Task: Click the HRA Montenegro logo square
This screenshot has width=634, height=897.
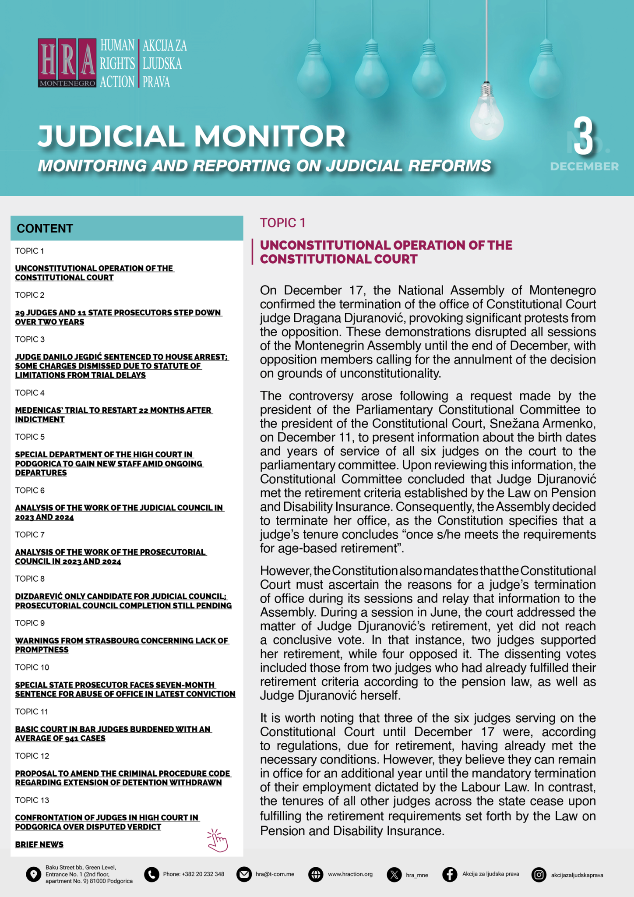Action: [x=67, y=63]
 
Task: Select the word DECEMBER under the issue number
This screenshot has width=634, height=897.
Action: [x=584, y=166]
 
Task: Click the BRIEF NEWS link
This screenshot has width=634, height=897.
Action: [x=39, y=844]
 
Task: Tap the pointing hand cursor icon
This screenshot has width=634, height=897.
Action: [x=218, y=840]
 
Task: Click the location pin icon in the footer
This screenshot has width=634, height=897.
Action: [x=34, y=875]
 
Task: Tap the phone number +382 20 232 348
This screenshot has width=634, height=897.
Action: [x=194, y=874]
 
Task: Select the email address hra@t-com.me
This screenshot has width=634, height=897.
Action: [x=275, y=874]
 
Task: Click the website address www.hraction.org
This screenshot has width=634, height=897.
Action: [x=350, y=874]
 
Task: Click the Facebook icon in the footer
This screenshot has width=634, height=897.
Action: [x=450, y=875]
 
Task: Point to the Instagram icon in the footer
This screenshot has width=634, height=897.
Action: [x=539, y=875]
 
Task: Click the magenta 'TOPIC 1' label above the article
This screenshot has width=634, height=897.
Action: [x=282, y=223]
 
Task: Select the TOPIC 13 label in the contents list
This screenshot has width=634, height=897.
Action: [x=32, y=800]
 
